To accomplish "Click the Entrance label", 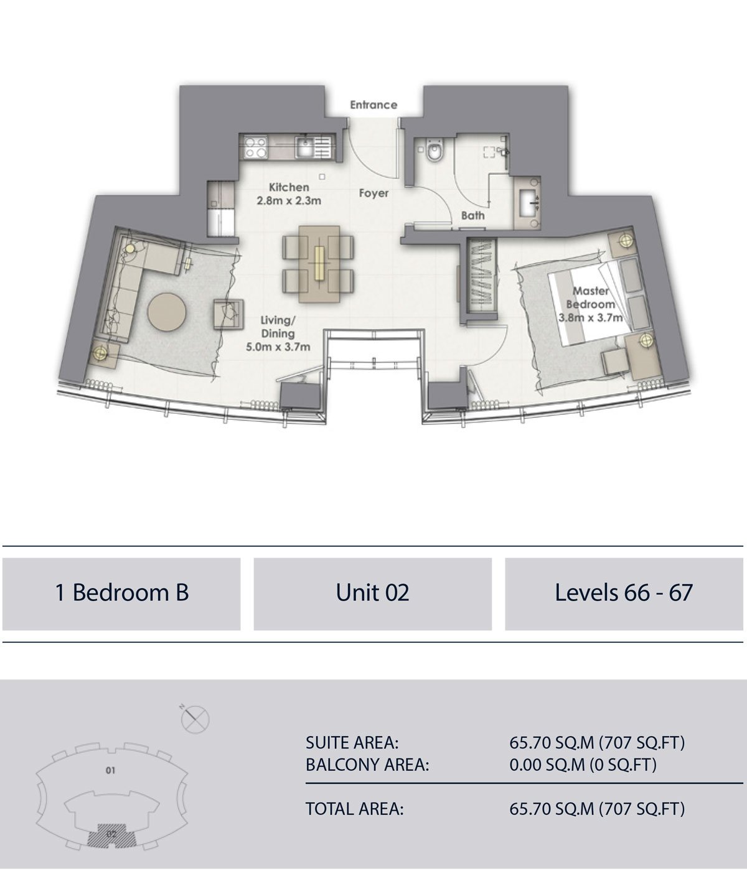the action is point(374,105).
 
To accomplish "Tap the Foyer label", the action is point(374,193).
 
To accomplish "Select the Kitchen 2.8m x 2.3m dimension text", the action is point(289,194).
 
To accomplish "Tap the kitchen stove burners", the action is point(255,147).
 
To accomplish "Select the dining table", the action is point(319,264).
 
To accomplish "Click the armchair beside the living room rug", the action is point(228,314).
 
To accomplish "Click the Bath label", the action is point(472,216).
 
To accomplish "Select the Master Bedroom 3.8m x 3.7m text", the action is point(591,304).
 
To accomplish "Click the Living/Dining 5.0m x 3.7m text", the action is point(278,333).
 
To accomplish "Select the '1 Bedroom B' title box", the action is point(121,594).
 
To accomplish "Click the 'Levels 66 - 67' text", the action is point(624,592).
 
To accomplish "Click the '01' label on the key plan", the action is point(110,770).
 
